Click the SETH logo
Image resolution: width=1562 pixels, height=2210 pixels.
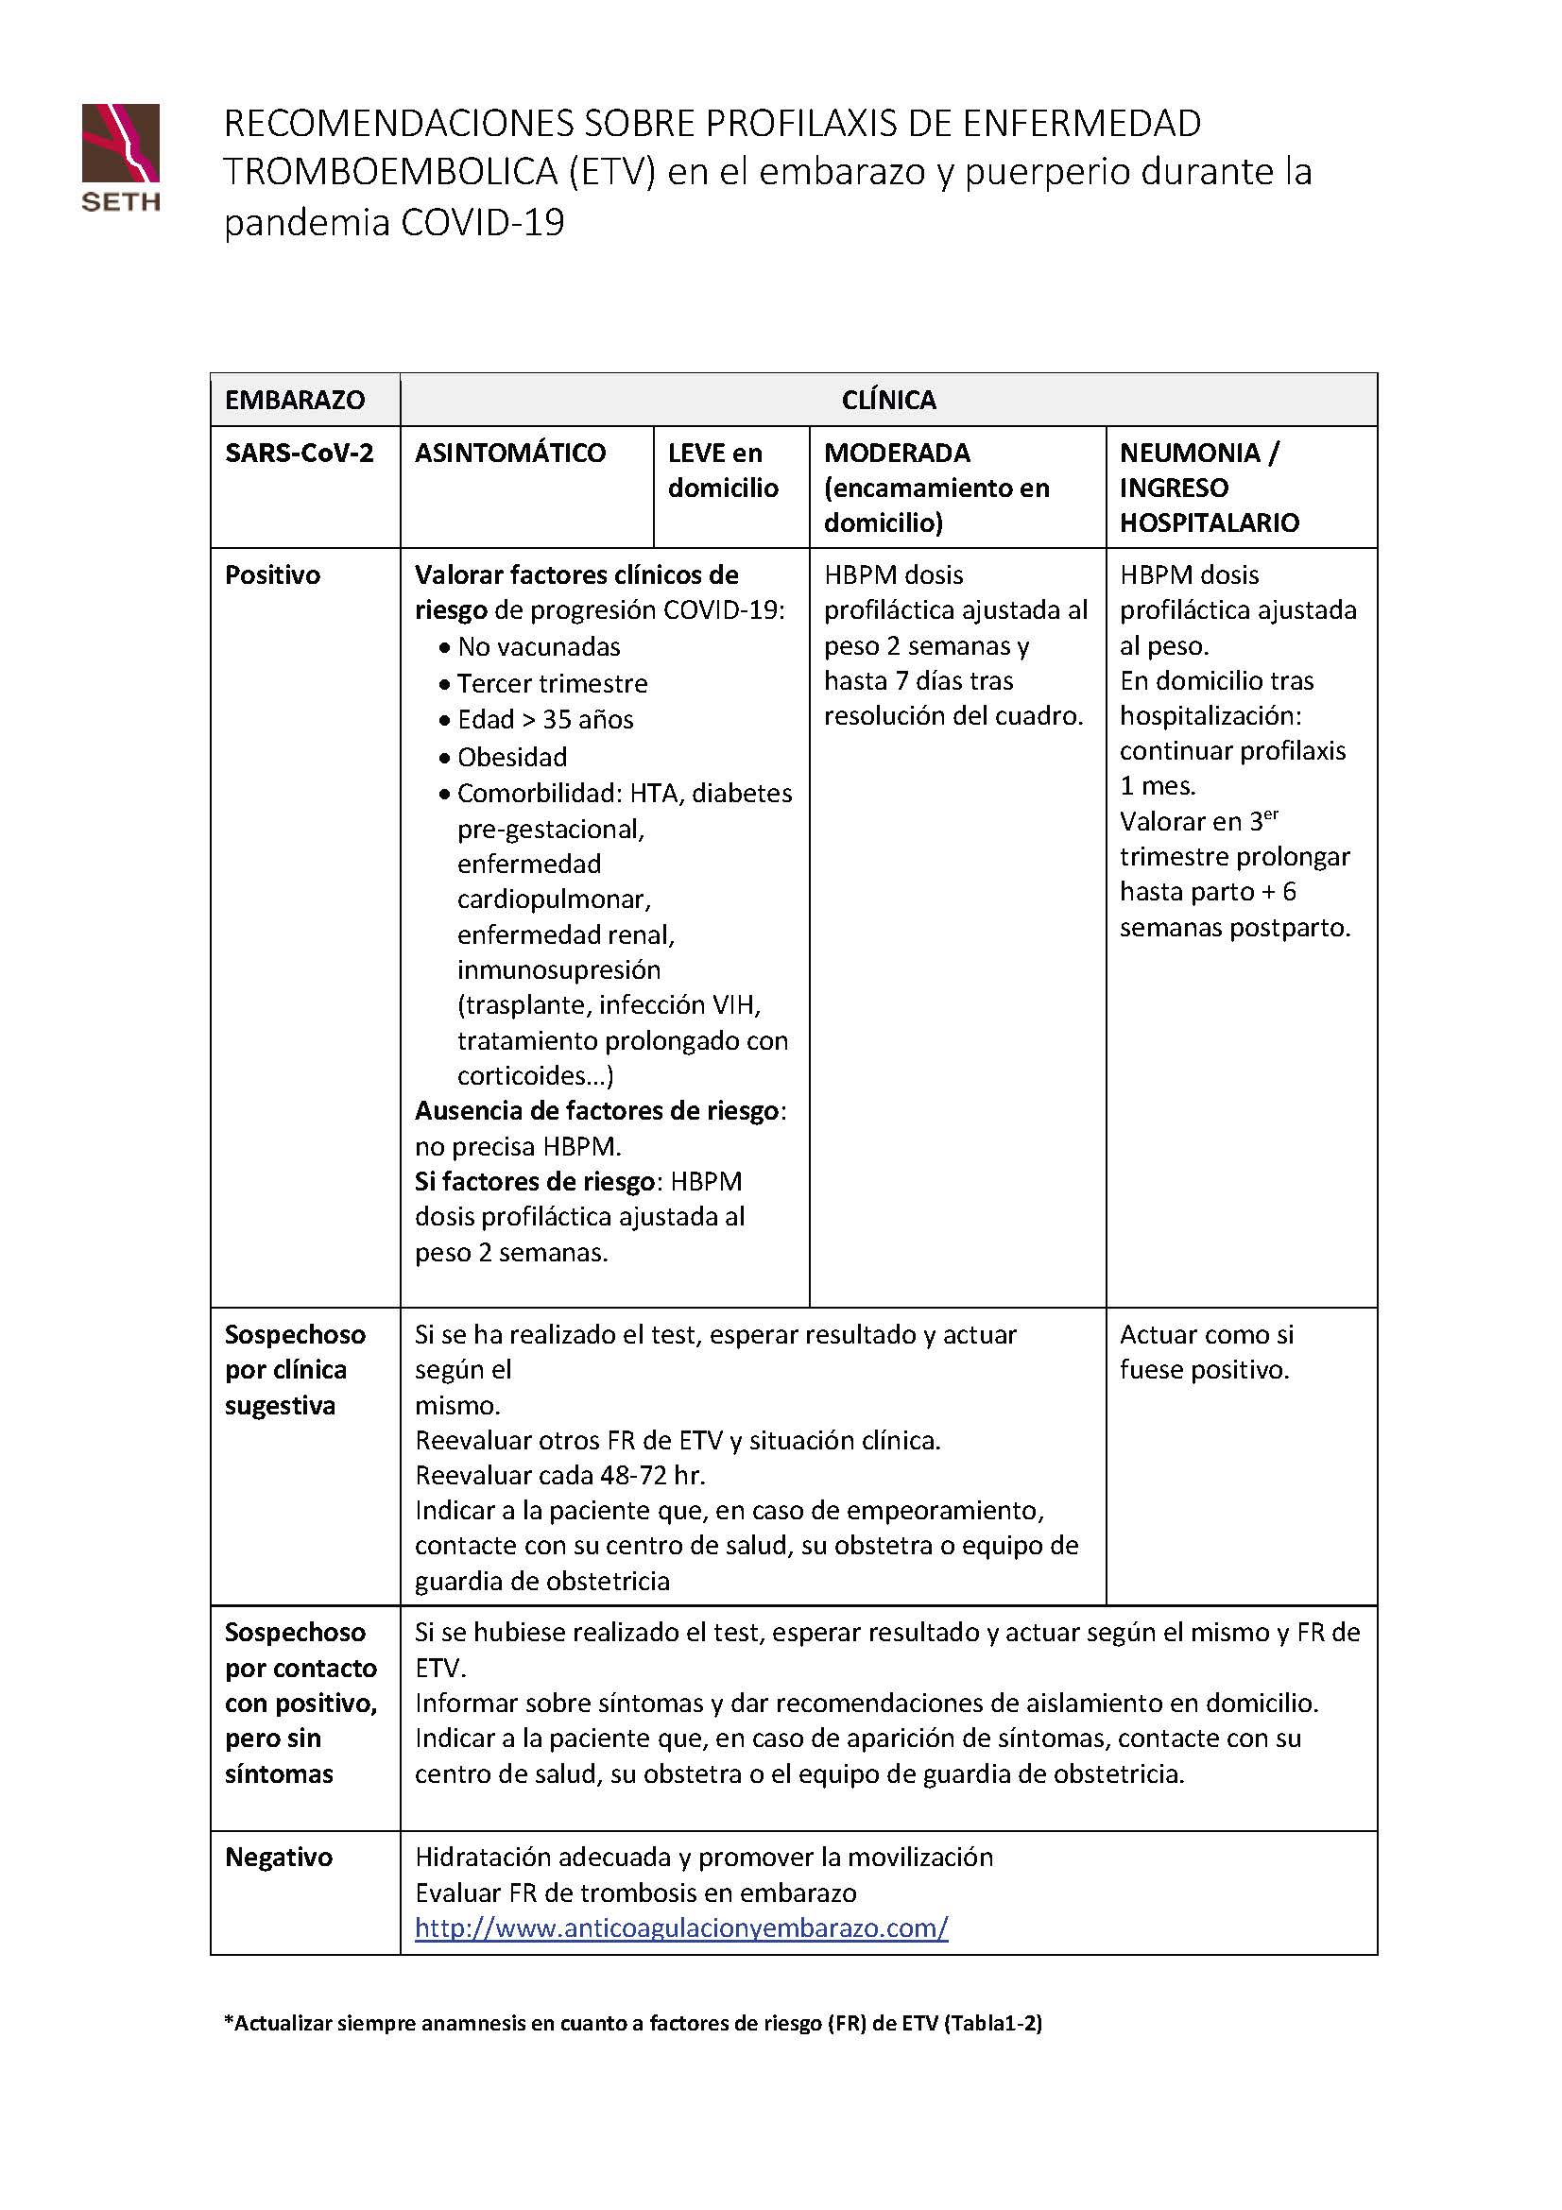[x=120, y=156]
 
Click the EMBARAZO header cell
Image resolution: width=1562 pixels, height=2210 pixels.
[x=295, y=400]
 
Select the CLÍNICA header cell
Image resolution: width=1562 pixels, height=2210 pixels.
[x=888, y=400]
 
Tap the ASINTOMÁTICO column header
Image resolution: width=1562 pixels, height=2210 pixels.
[x=510, y=453]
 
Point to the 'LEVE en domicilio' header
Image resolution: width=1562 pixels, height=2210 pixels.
[x=723, y=470]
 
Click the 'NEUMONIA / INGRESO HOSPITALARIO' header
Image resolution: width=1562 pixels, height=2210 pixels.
[x=1209, y=487]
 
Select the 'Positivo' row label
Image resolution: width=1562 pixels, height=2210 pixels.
[x=272, y=574]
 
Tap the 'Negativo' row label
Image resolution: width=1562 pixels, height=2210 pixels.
[x=278, y=1857]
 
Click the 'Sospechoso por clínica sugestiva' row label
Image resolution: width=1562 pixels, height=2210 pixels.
[x=295, y=1370]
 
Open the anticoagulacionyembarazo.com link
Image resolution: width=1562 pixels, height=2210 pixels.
[x=681, y=1928]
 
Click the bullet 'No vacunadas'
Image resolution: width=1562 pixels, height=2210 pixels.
[x=538, y=647]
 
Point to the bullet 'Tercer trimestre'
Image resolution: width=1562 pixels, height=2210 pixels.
[x=552, y=683]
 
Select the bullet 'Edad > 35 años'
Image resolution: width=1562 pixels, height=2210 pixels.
[x=544, y=719]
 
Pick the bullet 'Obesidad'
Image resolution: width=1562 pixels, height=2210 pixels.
[x=511, y=757]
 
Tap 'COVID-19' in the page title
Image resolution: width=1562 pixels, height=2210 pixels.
[x=482, y=222]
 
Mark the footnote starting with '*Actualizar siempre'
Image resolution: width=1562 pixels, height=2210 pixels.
[x=632, y=2022]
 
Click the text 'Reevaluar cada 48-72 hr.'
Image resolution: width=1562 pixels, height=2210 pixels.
[x=560, y=1475]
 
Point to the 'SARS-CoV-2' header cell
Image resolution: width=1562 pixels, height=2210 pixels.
[x=300, y=453]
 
